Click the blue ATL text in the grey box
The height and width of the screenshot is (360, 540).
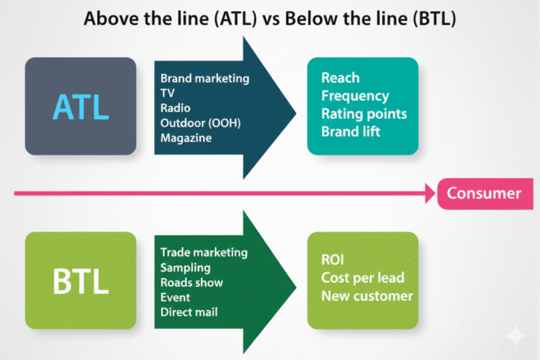pos(81,107)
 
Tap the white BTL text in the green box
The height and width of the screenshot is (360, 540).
pos(81,281)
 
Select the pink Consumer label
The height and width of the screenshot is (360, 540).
pos(484,193)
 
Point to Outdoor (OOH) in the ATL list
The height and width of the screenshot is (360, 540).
pos(200,123)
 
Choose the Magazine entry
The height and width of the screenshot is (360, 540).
pos(186,138)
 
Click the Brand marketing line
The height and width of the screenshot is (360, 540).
pos(205,78)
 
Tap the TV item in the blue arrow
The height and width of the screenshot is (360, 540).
pos(167,93)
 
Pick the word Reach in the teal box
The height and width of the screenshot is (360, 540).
pos(340,78)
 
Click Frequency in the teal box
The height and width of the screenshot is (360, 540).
pos(355,96)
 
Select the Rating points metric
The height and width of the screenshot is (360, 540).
pos(364,113)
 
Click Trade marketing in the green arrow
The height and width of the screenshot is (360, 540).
pos(204,252)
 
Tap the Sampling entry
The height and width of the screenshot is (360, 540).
pos(185,267)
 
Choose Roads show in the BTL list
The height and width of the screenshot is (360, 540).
pos(192,282)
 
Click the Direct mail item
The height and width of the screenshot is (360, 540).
pos(189,311)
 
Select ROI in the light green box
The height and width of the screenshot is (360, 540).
pos(333,260)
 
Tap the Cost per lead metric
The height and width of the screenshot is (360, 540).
pos(362,278)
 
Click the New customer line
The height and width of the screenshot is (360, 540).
pos(367,295)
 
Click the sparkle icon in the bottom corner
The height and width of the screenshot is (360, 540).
pos(515,336)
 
